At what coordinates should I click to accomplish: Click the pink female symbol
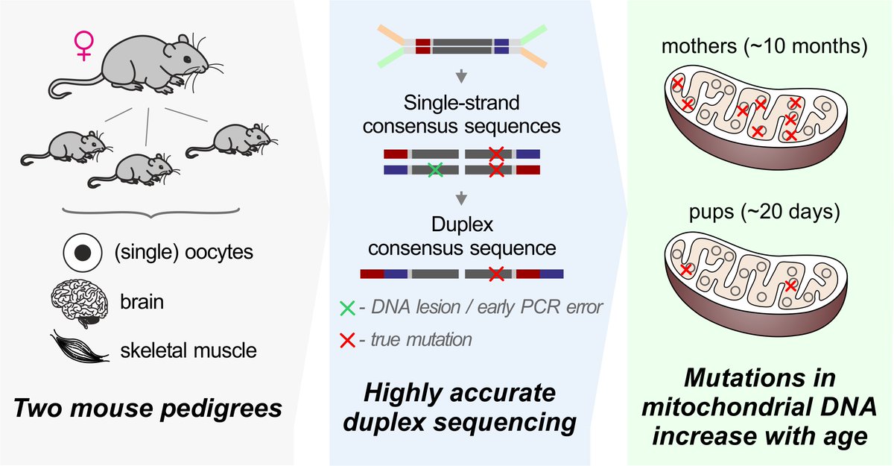pos(84,46)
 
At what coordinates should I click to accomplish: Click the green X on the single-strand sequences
pos(436,170)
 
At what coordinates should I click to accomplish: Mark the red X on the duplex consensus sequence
pos(495,274)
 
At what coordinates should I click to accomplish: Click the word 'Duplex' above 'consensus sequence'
pos(461,224)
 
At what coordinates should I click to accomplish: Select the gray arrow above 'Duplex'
pos(461,198)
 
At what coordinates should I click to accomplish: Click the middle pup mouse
pos(134,170)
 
